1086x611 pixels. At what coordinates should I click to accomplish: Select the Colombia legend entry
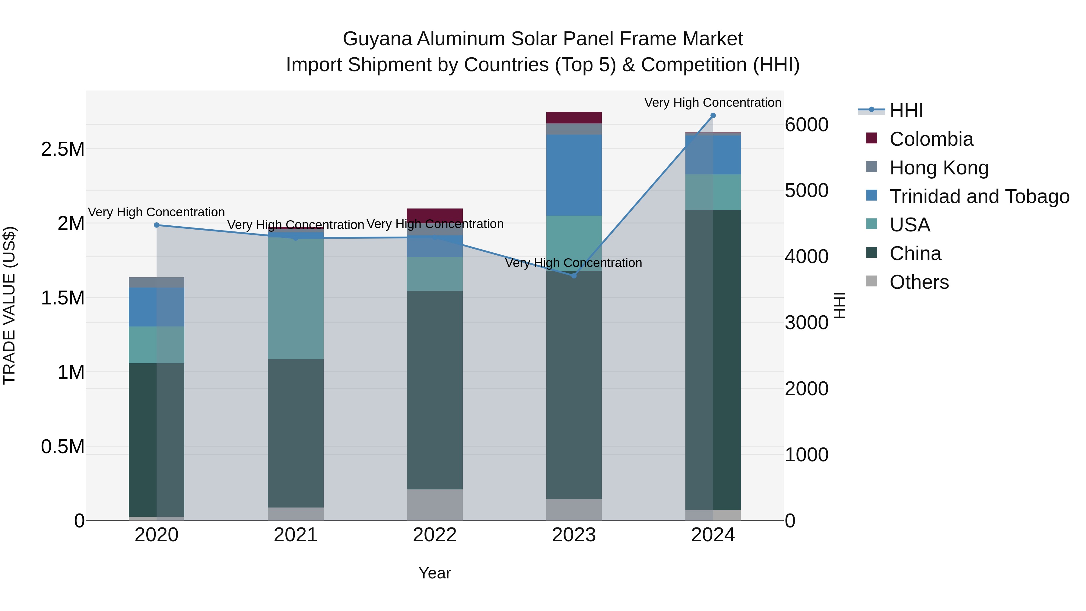tap(931, 139)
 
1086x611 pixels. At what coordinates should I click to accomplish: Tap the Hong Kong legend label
tap(939, 168)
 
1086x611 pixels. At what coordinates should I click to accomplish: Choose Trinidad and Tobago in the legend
tap(979, 196)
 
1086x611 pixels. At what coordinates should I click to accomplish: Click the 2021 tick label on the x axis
tap(296, 535)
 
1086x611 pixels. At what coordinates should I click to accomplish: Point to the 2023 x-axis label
tap(574, 535)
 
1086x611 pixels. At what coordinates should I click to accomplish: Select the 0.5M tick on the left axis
tap(63, 447)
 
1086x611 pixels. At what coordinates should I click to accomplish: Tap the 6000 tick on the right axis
tap(806, 125)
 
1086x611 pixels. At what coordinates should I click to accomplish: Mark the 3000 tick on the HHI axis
tap(806, 323)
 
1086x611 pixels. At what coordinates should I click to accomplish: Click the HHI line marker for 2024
tap(713, 116)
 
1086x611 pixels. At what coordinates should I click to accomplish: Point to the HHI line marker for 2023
tap(574, 276)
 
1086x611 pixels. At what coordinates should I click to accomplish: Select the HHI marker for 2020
tap(156, 225)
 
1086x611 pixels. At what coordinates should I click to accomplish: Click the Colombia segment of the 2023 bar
tap(574, 118)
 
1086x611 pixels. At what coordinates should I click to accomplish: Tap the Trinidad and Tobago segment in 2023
tap(574, 175)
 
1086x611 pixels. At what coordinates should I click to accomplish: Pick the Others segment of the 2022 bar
tap(435, 505)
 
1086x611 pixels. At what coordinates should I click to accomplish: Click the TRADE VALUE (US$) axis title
tap(9, 305)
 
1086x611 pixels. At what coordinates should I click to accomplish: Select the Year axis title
tap(435, 573)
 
